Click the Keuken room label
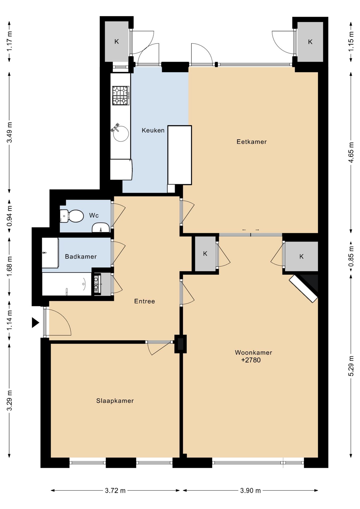[153, 130]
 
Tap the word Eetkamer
[252, 142]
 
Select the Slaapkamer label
[115, 401]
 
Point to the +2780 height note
[251, 360]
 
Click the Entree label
[144, 301]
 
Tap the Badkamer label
[81, 256]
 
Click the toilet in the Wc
[72, 216]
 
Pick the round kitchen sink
[121, 134]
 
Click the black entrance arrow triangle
[36, 323]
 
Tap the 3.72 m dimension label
[115, 490]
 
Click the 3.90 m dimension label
[251, 490]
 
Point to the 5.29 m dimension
[351, 366]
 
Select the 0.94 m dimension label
[9, 216]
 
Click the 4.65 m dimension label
[351, 152]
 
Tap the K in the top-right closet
[310, 42]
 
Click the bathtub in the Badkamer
[67, 284]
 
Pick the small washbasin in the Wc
[101, 228]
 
